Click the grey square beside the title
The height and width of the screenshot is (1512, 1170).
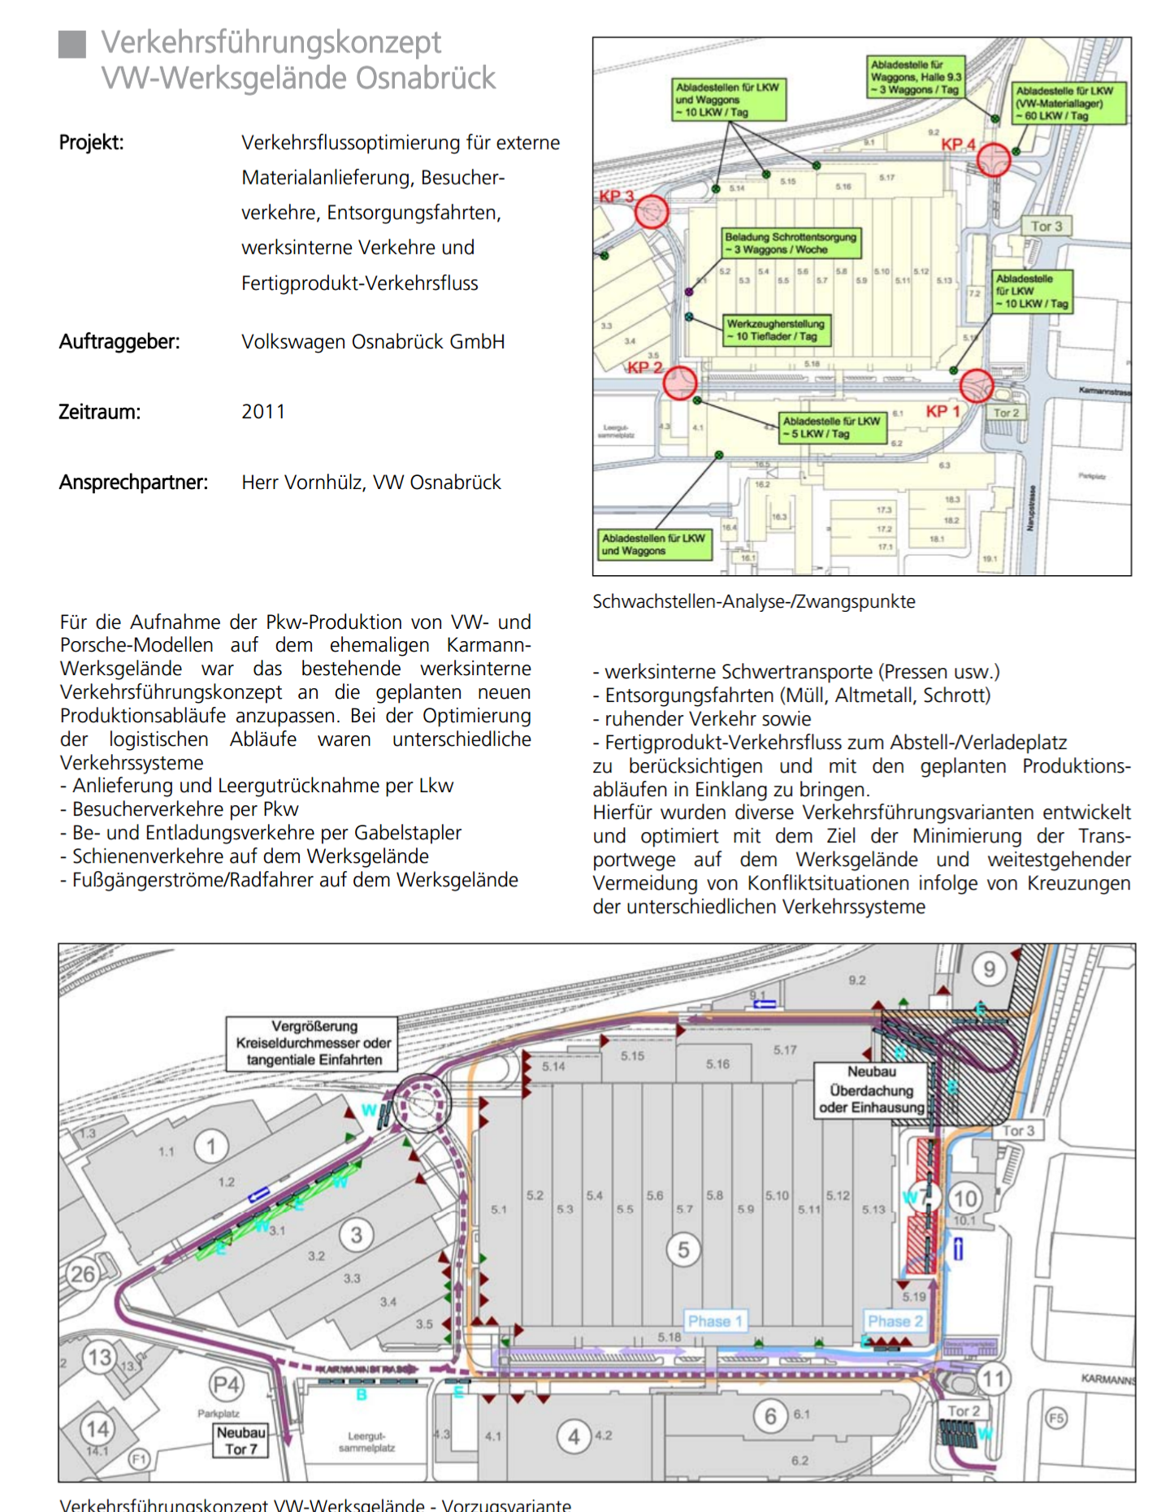pyautogui.click(x=72, y=45)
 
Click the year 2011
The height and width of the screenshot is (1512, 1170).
pyautogui.click(x=263, y=412)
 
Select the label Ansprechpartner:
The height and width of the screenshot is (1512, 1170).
pyautogui.click(x=133, y=483)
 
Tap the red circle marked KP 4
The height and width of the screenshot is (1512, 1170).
pyautogui.click(x=993, y=160)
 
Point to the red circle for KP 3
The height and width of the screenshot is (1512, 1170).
pyautogui.click(x=651, y=212)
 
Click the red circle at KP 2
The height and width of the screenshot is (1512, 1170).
pyautogui.click(x=679, y=383)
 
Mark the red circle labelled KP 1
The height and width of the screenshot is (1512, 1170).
pyautogui.click(x=976, y=386)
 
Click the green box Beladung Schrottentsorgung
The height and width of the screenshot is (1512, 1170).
pyautogui.click(x=791, y=243)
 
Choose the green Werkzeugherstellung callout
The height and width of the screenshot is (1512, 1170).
pyautogui.click(x=776, y=330)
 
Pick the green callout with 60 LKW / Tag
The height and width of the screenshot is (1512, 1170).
pyautogui.click(x=1068, y=103)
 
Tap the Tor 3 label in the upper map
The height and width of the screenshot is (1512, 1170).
pyautogui.click(x=1046, y=227)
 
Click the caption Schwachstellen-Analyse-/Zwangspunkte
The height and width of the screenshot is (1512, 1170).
pyautogui.click(x=753, y=602)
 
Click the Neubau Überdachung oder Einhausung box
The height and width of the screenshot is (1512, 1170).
pyautogui.click(x=871, y=1090)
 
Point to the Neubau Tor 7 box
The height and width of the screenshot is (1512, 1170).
pyautogui.click(x=240, y=1441)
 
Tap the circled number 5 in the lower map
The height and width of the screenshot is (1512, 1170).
pyautogui.click(x=683, y=1250)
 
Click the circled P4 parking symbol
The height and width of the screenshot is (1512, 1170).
pyautogui.click(x=226, y=1384)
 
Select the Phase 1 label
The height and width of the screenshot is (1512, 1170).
pyautogui.click(x=715, y=1321)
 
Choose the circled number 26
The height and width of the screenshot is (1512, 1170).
pyautogui.click(x=82, y=1274)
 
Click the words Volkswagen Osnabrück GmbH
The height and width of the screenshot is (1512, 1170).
pyautogui.click(x=373, y=342)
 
